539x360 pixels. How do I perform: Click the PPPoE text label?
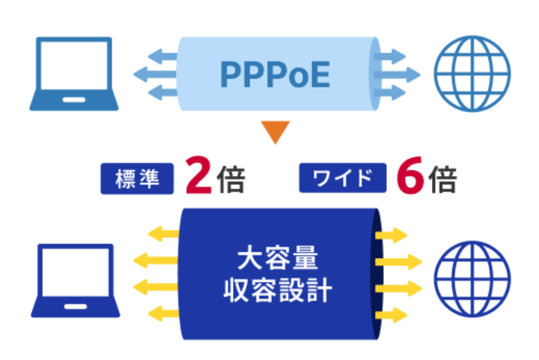click(275, 75)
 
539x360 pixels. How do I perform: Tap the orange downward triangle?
click(275, 131)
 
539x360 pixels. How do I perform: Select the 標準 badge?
click(137, 179)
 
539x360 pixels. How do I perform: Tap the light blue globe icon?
click(472, 73)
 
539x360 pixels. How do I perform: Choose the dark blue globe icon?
click(472, 280)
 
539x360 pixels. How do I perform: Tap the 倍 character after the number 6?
click(442, 179)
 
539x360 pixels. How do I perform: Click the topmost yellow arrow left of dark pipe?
click(162, 234)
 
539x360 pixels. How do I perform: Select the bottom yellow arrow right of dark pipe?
click(391, 314)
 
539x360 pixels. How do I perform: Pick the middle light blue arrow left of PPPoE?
click(155, 75)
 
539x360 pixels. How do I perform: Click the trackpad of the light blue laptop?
click(74, 98)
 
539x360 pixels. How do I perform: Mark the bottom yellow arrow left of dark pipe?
click(162, 313)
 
